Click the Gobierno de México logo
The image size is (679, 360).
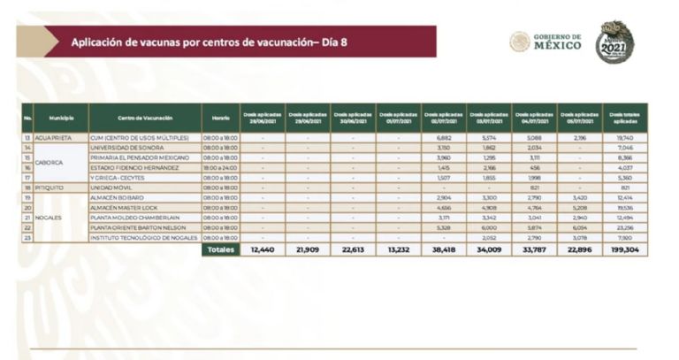[x=545, y=42]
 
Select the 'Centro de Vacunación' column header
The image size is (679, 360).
[x=144, y=118]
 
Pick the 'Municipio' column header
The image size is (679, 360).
[x=61, y=118]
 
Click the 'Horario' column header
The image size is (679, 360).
[x=220, y=118]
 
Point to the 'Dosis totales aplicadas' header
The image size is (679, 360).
[x=627, y=118]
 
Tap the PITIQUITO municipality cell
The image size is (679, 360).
[x=50, y=188]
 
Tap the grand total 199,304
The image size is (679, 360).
[x=627, y=251]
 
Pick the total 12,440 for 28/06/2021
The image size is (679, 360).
[x=263, y=251]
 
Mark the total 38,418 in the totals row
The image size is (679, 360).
[x=444, y=251]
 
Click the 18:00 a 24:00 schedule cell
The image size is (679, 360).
[x=220, y=167]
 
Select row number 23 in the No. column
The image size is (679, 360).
[x=28, y=238]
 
